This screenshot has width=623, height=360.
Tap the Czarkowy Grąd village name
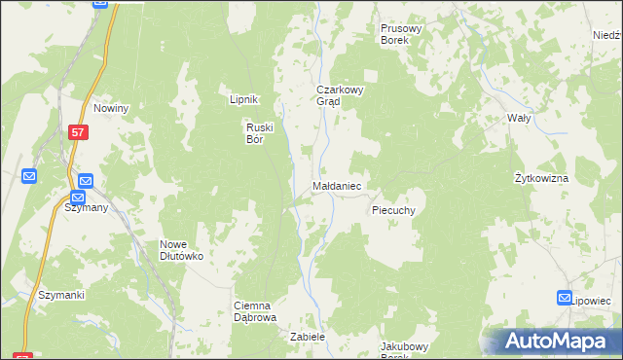[339, 95]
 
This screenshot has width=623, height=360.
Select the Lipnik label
[242, 99]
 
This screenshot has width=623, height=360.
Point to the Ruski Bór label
[261, 131]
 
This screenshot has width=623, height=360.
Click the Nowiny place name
[111, 108]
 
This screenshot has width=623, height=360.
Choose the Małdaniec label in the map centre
[338, 184]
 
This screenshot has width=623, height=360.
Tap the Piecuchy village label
[393, 210]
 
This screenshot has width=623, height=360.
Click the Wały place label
[519, 118]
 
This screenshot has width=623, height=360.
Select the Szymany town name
[86, 207]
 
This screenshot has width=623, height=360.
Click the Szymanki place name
[61, 295]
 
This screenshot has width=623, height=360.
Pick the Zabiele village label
[306, 337]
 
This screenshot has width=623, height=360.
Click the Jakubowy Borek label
[404, 350]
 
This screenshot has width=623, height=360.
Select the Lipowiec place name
[594, 302]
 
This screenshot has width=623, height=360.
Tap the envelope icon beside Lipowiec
[566, 298]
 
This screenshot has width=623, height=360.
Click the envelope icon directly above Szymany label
[86, 181]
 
